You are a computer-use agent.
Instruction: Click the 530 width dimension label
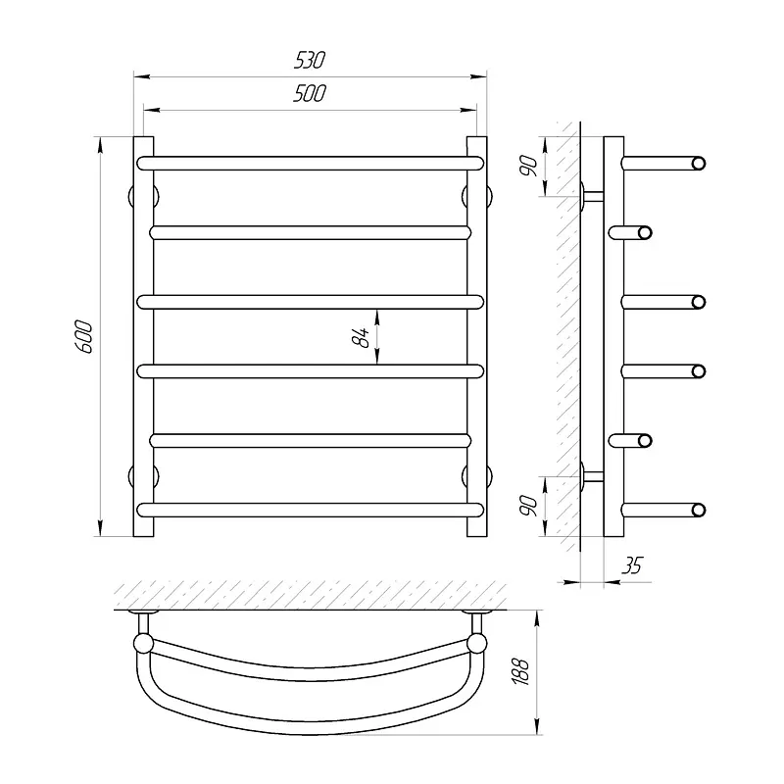310,60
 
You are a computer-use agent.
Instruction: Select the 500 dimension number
310,93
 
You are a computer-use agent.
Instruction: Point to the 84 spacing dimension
361,337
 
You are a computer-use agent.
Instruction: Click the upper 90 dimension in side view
528,166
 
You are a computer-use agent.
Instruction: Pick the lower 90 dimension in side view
528,506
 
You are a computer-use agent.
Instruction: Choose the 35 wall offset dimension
632,565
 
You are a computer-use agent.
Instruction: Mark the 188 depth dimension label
520,671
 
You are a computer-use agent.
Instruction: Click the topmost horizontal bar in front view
311,164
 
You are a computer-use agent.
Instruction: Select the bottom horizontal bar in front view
311,510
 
